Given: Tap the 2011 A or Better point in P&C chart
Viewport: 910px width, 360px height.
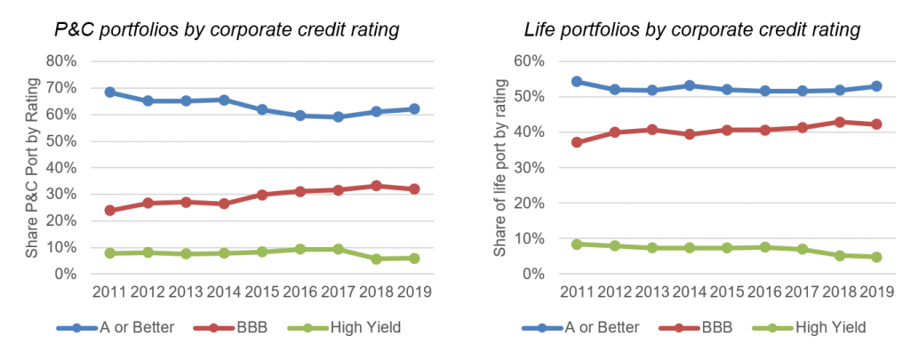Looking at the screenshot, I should tap(110, 92).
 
